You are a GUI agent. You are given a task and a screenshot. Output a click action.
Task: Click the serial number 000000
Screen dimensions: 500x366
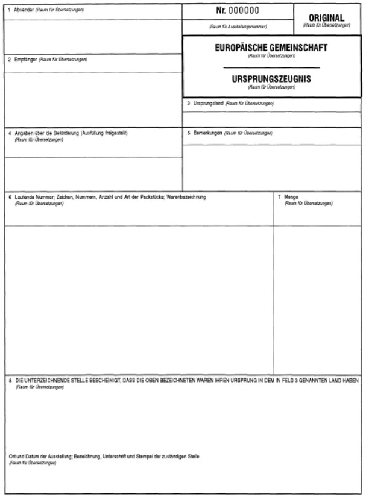click(x=244, y=11)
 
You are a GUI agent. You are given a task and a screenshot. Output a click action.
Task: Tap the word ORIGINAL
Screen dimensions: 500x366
click(x=326, y=18)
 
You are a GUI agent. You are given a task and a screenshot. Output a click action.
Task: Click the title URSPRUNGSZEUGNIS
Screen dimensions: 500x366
click(x=271, y=78)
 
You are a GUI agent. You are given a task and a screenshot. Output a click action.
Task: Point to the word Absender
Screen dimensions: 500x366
click(x=24, y=10)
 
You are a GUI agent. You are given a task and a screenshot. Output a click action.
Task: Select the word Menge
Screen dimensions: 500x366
click(x=292, y=197)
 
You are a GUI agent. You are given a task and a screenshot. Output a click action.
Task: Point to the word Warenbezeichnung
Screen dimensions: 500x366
click(x=186, y=197)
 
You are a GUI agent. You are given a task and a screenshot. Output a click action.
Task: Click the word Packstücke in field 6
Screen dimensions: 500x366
click(x=145, y=197)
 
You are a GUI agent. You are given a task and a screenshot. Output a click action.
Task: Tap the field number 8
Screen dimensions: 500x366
click(x=10, y=381)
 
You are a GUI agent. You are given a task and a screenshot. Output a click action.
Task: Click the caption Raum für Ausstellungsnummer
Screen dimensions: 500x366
click(x=238, y=27)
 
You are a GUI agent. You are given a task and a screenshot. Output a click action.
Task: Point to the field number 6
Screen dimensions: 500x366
click(x=10, y=197)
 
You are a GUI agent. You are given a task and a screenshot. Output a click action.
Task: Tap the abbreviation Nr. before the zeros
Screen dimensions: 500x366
click(x=221, y=11)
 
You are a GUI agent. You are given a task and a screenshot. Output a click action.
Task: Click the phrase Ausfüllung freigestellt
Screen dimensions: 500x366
click(x=104, y=133)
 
